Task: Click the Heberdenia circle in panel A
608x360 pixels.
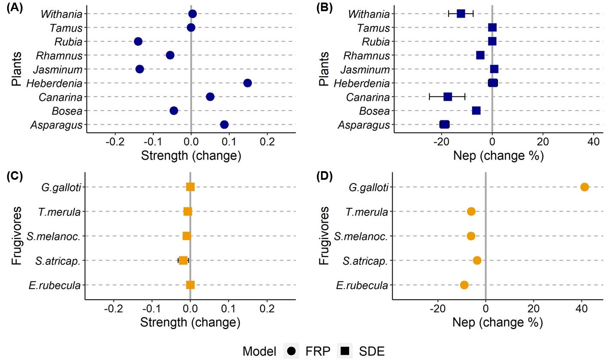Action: pos(247,83)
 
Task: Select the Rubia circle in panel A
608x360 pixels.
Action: pos(138,41)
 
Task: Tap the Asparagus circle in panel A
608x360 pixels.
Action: pos(224,125)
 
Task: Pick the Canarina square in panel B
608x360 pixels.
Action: pos(448,97)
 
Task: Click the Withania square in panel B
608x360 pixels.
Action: pos(461,14)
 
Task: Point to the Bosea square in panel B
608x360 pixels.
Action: pos(476,111)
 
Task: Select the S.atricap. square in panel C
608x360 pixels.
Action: pos(183,260)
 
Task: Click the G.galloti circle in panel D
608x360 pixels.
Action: pos(584,187)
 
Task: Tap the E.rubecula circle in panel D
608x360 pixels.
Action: pos(464,285)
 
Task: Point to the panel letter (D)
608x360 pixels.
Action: pos(324,177)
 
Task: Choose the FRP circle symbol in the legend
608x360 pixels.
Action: pos(292,351)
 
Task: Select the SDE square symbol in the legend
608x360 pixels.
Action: pos(345,351)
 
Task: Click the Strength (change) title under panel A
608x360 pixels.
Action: pos(191,155)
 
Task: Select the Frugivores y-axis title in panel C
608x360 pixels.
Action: pos(16,236)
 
